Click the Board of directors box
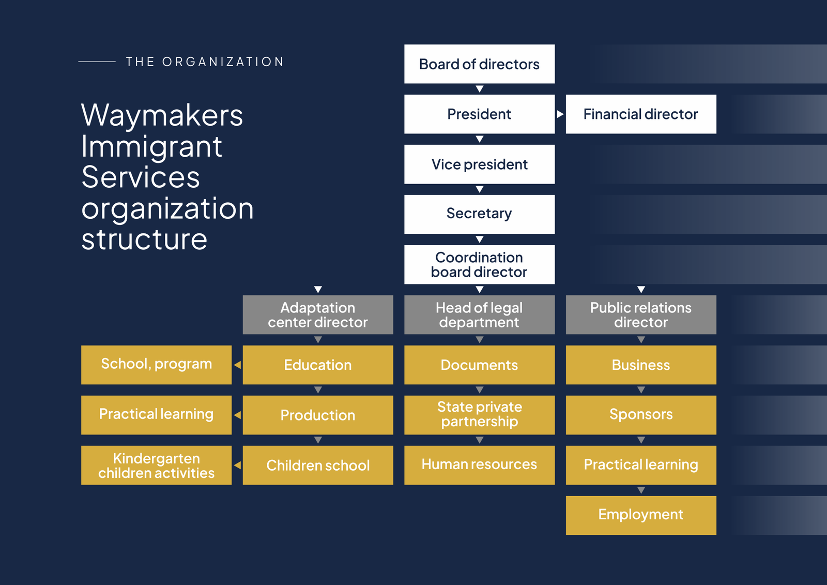[479, 64]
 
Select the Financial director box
[641, 114]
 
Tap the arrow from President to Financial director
[560, 114]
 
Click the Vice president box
[479, 164]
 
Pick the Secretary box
[479, 214]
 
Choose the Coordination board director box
[479, 264]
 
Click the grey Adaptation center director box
[318, 314]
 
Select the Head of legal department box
[479, 314]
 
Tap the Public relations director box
[641, 314]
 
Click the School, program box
[156, 365]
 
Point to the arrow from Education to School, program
[237, 365]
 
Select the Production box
[318, 415]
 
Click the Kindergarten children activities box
[156, 465]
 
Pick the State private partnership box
[479, 415]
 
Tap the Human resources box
[479, 465]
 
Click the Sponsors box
[641, 415]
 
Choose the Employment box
[641, 515]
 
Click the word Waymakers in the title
[162, 115]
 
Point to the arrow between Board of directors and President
[480, 89]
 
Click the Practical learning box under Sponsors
[641, 465]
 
